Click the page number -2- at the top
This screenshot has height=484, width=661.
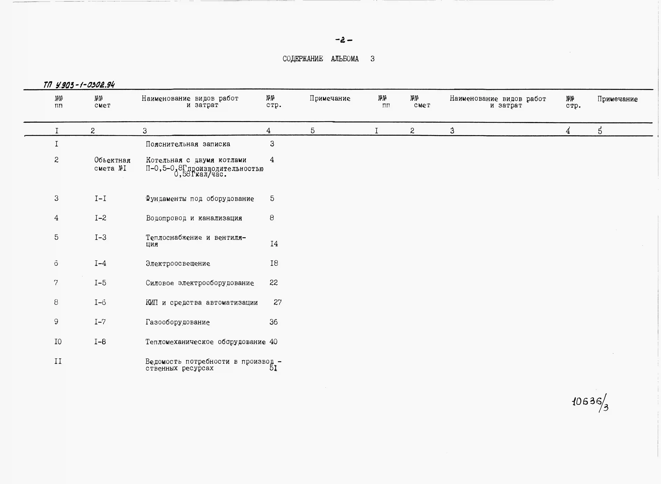344,40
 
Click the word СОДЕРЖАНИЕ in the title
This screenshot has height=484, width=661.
303,59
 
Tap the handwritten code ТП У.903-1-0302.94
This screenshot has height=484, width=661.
79,85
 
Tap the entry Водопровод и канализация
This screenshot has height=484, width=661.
194,218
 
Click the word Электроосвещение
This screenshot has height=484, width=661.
178,263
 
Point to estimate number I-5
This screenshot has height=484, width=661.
100,283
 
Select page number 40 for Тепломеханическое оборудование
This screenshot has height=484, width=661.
273,342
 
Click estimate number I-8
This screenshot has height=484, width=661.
100,342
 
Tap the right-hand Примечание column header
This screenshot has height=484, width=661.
617,99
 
